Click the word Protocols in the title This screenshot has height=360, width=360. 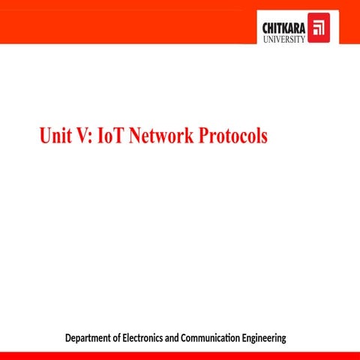click(x=232, y=136)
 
